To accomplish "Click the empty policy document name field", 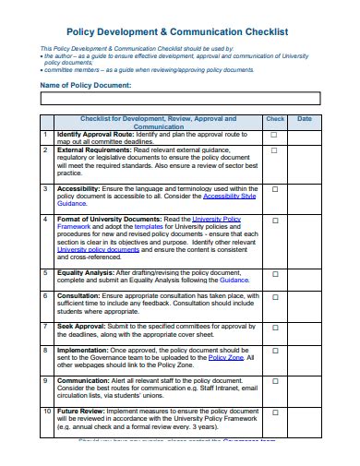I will click(179, 98).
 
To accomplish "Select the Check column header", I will click(274, 119).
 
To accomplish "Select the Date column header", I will click(305, 119).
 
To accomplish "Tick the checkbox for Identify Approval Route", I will click(274, 135).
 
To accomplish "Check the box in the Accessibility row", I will click(274, 187).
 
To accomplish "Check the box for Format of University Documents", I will click(274, 220).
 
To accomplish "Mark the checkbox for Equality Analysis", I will click(274, 273).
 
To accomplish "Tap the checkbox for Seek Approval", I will click(274, 327).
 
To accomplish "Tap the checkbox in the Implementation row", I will click(274, 352).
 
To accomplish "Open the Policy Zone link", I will click(225, 356).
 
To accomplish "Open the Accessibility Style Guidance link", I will click(229, 196).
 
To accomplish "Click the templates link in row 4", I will click(148, 226).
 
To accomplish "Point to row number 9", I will click(45, 379).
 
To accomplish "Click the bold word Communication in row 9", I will click(85, 379).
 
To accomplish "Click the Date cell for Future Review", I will click(305, 418).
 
